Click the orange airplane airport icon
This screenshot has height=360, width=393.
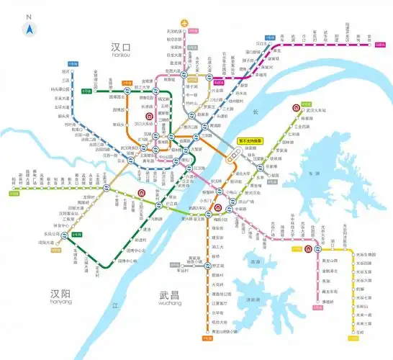coord(189,23)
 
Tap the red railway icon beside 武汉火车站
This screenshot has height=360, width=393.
coord(296,109)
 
